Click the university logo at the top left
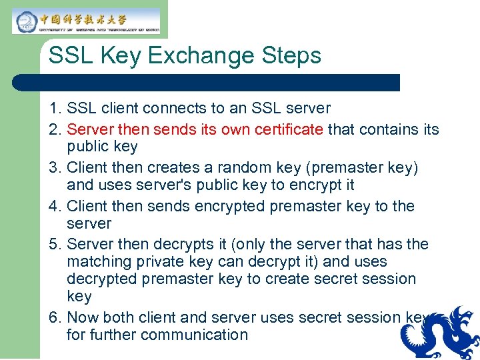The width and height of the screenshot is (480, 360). pyautogui.click(x=86, y=21)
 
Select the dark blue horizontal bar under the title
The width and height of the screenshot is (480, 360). pyautogui.click(x=207, y=83)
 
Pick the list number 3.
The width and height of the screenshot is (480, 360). pyautogui.click(x=54, y=168)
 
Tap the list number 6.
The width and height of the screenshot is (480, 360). pyautogui.click(x=54, y=317)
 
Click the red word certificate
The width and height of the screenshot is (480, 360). pyautogui.click(x=289, y=129)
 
